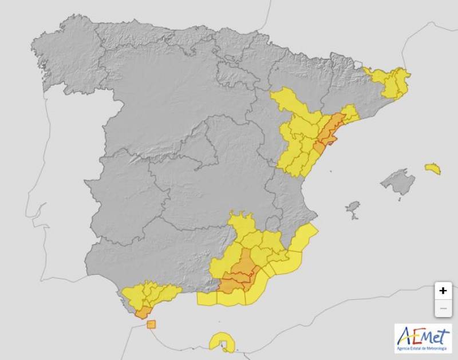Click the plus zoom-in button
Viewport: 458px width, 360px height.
coord(443,291)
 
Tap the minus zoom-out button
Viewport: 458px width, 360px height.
coord(443,309)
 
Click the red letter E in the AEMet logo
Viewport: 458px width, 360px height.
coord(416,336)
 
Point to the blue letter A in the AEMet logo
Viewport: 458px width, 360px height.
coord(405,336)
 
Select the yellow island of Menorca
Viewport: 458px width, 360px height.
coord(433,168)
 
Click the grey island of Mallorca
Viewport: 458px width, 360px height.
coord(398,183)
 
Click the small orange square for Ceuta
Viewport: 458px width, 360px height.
coord(151,325)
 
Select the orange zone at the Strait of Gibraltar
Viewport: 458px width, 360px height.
coord(141,311)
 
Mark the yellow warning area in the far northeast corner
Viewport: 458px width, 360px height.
coord(392,82)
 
